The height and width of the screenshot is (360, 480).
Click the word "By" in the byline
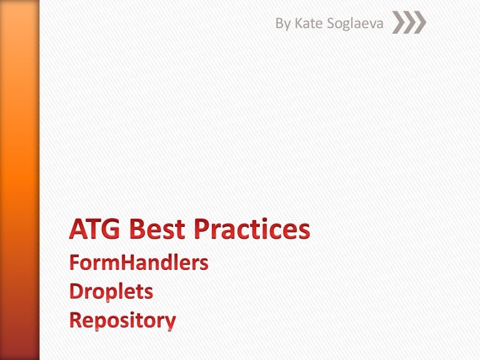tap(284, 24)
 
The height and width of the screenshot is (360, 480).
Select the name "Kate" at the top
tap(307, 24)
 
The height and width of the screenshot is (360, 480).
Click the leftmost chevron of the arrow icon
tap(399, 24)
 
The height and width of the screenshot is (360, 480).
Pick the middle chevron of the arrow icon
tap(409, 24)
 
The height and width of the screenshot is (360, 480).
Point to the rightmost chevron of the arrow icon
tap(419, 24)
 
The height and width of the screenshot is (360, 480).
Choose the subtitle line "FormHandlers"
tap(139, 263)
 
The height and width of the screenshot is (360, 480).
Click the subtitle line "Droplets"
tap(111, 292)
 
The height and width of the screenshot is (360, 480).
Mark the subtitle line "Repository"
tap(122, 321)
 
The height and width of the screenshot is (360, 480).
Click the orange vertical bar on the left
tap(20, 180)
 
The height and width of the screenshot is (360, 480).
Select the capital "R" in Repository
tap(76, 321)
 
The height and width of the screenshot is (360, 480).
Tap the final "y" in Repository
tap(169, 323)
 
